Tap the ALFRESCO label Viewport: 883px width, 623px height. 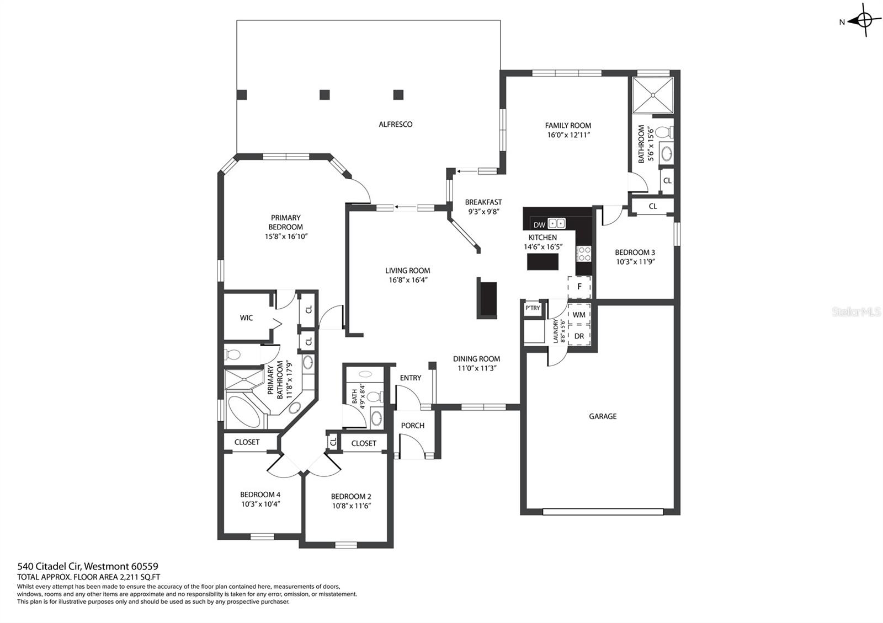click(x=395, y=125)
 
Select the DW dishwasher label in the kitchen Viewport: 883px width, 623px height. click(x=539, y=225)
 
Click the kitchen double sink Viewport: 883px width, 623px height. click(x=557, y=224)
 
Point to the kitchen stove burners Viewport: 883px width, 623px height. click(x=583, y=254)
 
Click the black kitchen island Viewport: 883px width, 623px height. click(x=543, y=262)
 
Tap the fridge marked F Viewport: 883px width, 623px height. click(x=579, y=287)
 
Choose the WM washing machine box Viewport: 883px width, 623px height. click(x=579, y=315)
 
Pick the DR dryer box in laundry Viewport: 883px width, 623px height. click(x=579, y=336)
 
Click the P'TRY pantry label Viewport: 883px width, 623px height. click(x=533, y=308)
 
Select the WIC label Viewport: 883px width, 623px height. click(x=246, y=318)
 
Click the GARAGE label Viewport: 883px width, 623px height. click(x=603, y=416)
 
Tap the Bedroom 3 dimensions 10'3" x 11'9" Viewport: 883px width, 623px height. click(x=635, y=261)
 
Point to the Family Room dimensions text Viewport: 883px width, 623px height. click(x=568, y=135)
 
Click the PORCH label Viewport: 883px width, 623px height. click(x=413, y=425)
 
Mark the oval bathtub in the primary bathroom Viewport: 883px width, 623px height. click(x=244, y=411)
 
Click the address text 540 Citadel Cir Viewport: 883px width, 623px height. click(x=50, y=566)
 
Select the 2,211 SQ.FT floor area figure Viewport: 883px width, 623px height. click(x=140, y=577)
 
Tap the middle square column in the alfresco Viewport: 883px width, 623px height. click(x=325, y=94)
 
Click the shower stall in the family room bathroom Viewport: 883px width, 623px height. click(x=653, y=95)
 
